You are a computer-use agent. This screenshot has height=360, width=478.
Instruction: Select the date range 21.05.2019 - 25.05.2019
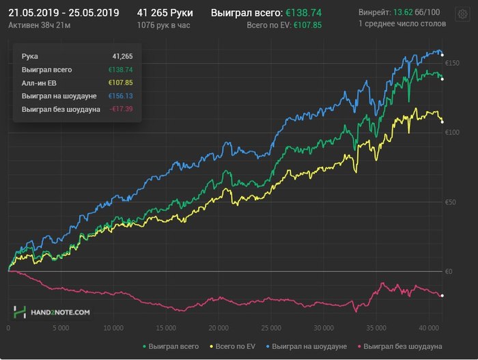tap(64, 12)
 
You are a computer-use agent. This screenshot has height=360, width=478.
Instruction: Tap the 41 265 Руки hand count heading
tap(165, 12)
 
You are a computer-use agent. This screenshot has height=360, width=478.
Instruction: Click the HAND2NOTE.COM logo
tap(52, 312)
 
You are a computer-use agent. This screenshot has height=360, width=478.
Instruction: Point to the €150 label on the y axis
tap(453, 64)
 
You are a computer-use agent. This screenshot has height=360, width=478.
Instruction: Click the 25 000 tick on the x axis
tap(271, 328)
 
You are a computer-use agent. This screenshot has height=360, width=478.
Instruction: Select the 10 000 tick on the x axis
tap(113, 328)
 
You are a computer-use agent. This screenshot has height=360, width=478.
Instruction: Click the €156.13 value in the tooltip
tap(120, 96)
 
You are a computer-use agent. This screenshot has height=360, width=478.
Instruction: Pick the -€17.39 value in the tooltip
tap(119, 109)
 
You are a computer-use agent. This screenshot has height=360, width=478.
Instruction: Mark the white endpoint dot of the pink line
tap(442, 295)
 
